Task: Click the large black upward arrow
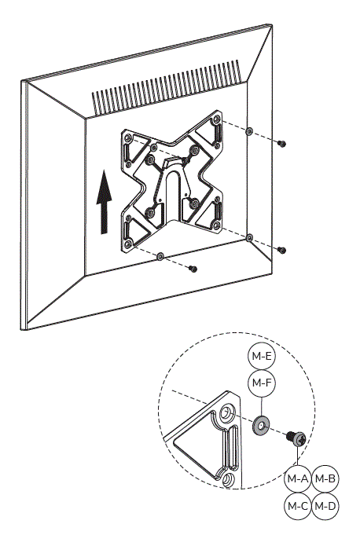click(x=102, y=204)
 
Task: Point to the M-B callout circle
click(x=325, y=478)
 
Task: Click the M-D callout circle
click(x=325, y=506)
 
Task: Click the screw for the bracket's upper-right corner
click(x=282, y=143)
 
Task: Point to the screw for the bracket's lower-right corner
click(x=282, y=250)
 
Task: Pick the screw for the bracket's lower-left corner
click(x=193, y=269)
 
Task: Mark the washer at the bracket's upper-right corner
click(x=249, y=132)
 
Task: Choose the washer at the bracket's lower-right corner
click(x=249, y=237)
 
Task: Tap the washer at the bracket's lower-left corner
click(x=160, y=256)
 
